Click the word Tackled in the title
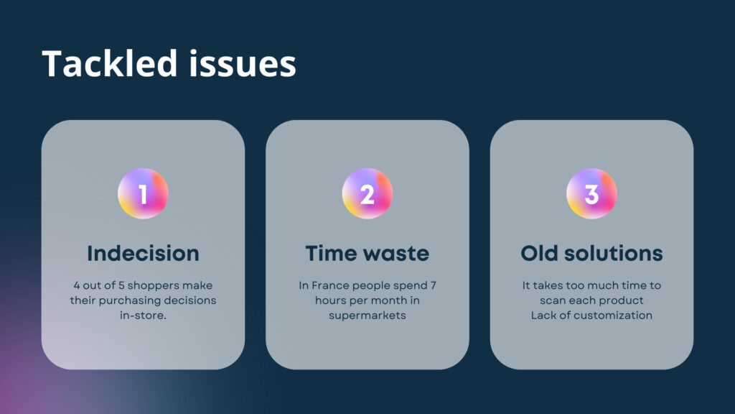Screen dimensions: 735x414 [x=110, y=63]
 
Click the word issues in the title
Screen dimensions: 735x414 [x=243, y=64]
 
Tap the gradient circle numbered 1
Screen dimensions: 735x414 [x=143, y=193]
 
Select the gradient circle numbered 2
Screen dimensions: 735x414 [x=367, y=193]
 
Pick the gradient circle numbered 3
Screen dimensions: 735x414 [x=591, y=193]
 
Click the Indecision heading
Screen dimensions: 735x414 [x=143, y=254]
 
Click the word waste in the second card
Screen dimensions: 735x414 [x=395, y=254]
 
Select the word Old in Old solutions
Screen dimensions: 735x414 [x=539, y=254]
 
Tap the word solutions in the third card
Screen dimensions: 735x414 [x=613, y=254]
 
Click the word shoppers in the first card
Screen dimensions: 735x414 [x=154, y=286]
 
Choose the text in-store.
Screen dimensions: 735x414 [x=143, y=316]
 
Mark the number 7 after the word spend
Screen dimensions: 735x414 [x=433, y=285]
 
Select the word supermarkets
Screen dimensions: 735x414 [x=367, y=316]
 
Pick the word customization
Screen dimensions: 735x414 [x=614, y=316]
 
